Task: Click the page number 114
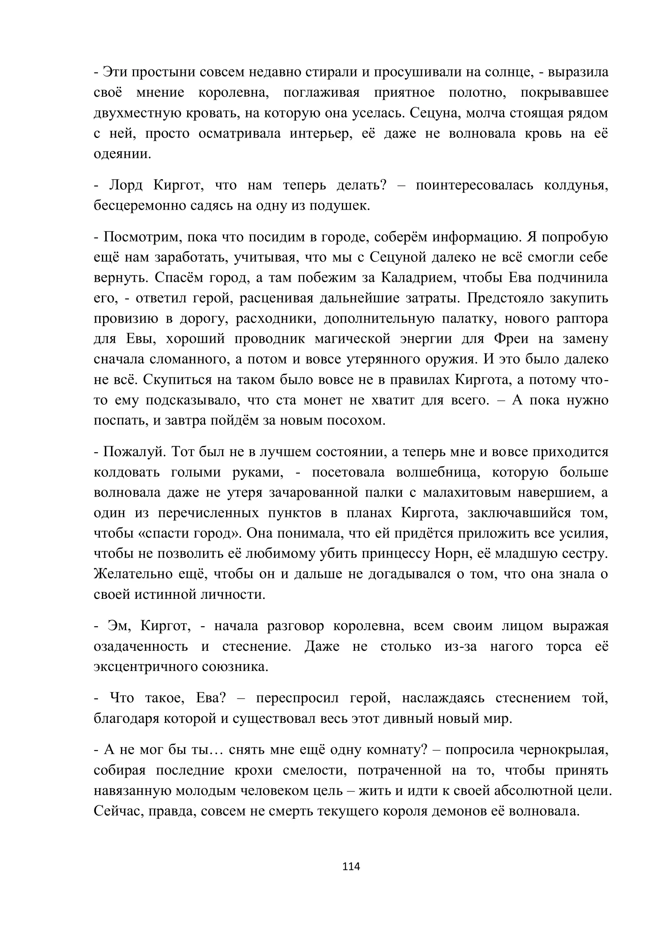tap(351, 866)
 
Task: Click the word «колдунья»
tap(575, 185)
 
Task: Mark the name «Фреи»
tap(511, 339)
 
